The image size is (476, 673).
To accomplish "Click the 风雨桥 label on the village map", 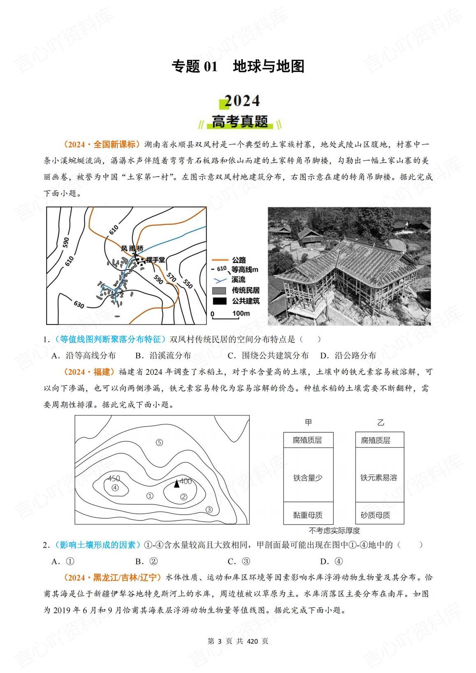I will [x=132, y=248].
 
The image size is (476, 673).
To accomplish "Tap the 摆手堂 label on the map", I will [x=156, y=260].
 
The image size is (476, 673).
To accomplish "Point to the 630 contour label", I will [x=79, y=305].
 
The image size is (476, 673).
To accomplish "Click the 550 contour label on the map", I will [x=187, y=284].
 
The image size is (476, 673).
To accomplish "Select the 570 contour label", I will [x=172, y=278].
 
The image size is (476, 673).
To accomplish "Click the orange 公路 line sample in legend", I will [x=219, y=260].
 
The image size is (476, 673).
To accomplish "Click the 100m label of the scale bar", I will [x=241, y=313].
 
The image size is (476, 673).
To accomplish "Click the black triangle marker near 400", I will [x=176, y=483].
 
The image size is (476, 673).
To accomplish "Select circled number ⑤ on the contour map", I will [x=160, y=443].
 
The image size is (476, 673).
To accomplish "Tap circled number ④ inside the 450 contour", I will [x=115, y=487].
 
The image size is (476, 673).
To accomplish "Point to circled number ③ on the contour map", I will [x=209, y=509].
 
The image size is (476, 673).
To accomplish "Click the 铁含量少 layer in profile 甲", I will [x=308, y=478].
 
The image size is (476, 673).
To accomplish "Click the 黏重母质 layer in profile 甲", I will [x=308, y=515].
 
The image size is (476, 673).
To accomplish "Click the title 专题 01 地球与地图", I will [x=238, y=66].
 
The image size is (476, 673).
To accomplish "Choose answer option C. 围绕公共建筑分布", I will [x=268, y=355].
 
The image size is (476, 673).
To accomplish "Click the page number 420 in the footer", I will [x=252, y=641].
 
